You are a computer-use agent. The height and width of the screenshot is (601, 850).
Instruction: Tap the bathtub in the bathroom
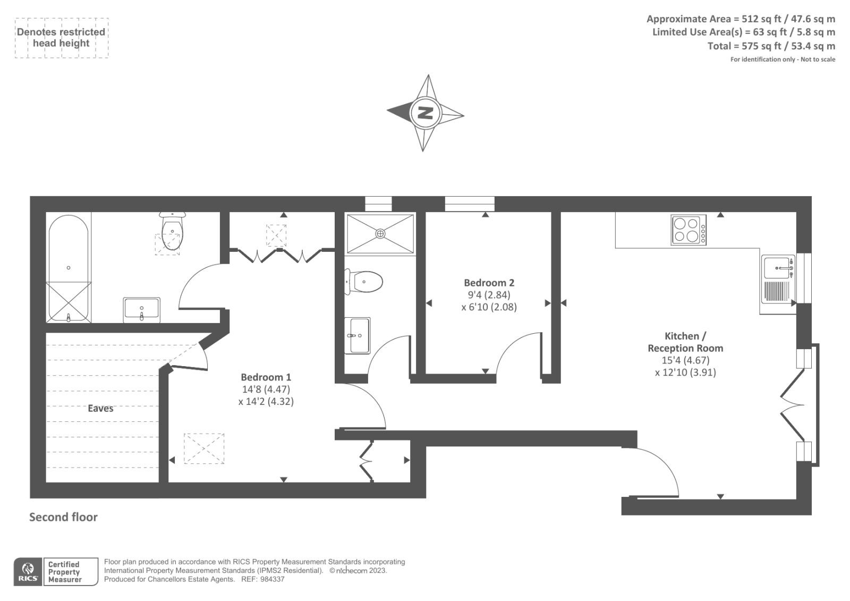[69, 268]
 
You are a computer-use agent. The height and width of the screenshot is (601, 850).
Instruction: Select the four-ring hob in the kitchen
[688, 230]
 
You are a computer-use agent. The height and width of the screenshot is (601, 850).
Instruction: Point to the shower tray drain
[380, 233]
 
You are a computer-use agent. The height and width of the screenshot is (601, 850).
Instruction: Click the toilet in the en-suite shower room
[367, 282]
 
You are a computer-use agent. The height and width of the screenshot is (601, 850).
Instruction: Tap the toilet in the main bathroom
[172, 234]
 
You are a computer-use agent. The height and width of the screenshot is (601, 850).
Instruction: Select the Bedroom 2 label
[489, 283]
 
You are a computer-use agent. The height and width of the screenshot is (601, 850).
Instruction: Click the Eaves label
[100, 408]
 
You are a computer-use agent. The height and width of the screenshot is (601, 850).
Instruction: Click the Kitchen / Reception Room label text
[685, 342]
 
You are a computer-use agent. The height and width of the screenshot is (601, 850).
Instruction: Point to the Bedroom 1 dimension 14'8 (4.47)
[266, 389]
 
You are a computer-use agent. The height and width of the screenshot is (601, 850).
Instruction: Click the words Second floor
[63, 517]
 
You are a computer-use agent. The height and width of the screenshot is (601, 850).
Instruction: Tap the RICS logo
[28, 572]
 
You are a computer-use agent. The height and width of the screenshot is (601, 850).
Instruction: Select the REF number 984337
[271, 579]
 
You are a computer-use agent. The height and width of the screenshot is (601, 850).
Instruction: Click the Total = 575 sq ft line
[771, 46]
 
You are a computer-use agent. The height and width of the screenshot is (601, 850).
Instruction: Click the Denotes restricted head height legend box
[61, 38]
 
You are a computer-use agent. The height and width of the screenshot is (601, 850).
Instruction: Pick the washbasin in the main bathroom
[141, 310]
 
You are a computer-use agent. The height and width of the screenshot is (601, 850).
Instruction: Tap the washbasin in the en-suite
[357, 335]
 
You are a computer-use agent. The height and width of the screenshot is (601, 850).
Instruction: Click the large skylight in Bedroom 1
[204, 448]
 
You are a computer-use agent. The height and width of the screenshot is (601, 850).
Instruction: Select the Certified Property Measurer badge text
[64, 572]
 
